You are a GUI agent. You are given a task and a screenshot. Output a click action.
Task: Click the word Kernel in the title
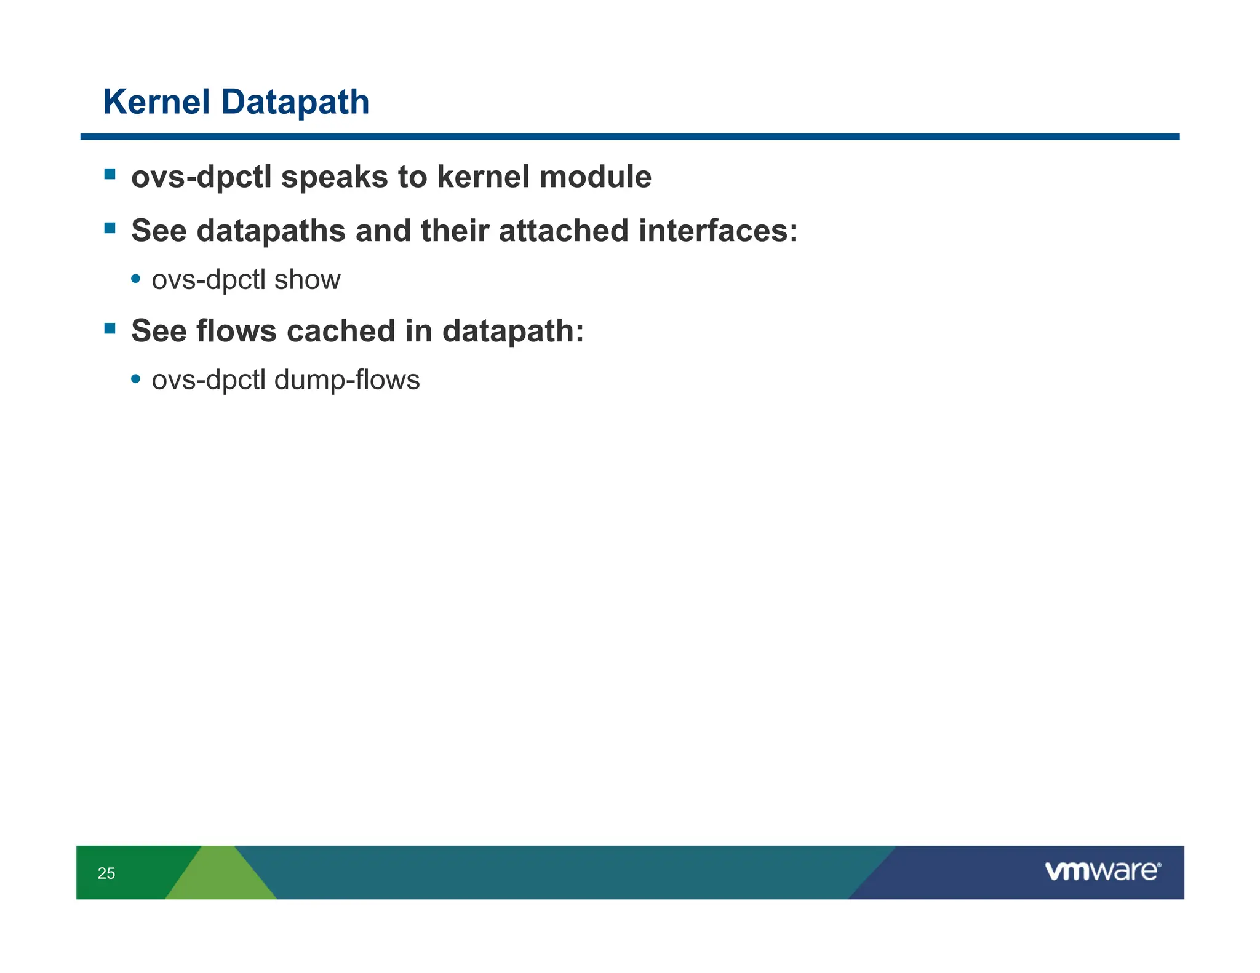156,102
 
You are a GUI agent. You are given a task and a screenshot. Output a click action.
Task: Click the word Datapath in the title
295,102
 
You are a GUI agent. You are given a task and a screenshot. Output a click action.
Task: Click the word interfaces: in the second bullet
717,231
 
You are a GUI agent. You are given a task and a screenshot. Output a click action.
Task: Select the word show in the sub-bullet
307,280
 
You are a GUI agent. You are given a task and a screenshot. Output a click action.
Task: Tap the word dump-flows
347,380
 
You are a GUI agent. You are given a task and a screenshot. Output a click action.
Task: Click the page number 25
106,873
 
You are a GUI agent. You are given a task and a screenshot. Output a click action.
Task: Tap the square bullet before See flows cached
110,328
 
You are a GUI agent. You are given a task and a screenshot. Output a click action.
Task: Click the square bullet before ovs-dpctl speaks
110,174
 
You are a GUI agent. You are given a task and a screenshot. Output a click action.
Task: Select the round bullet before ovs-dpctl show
136,279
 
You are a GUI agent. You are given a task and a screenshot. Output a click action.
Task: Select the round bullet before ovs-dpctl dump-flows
136,379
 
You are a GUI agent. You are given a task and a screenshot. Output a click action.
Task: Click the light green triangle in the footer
220,880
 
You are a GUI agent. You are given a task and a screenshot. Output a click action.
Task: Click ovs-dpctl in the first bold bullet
201,178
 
